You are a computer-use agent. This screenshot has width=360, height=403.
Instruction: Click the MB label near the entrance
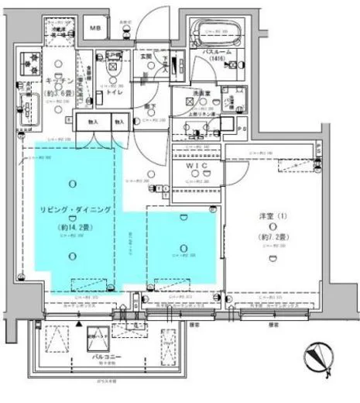click(96, 30)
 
